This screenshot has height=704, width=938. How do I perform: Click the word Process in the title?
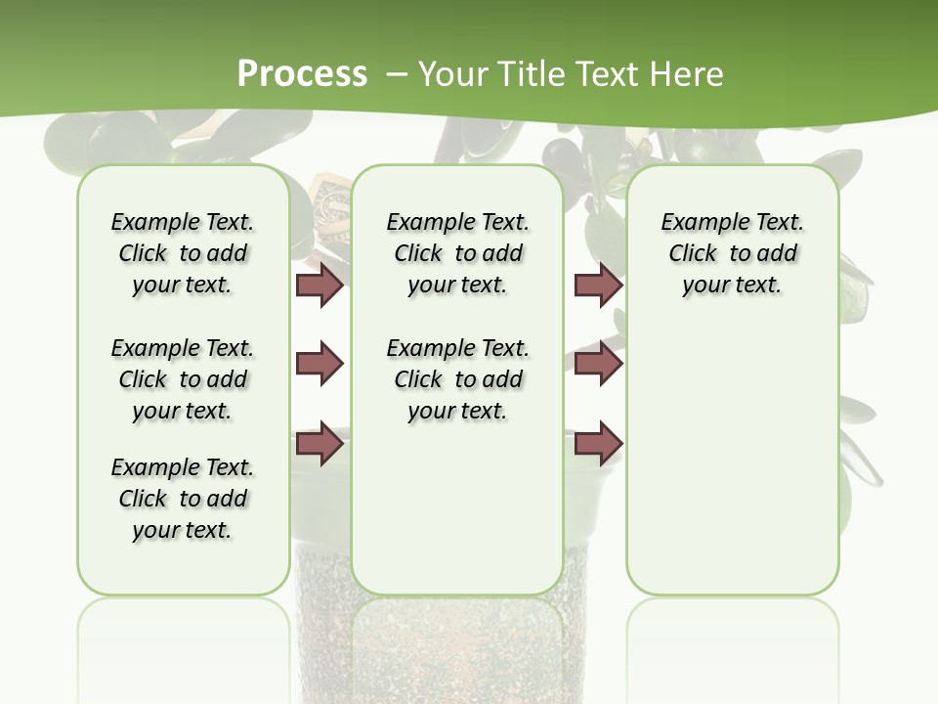click(302, 73)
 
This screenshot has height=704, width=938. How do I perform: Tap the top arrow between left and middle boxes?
click(320, 285)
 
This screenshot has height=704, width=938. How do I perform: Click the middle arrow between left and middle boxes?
click(320, 364)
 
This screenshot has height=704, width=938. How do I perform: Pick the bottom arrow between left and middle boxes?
click(320, 444)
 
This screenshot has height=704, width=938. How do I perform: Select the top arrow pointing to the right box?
click(598, 285)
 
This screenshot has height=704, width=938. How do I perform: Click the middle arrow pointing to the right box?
click(598, 364)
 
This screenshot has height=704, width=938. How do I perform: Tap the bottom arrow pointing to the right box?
click(598, 444)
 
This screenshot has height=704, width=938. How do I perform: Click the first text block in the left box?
click(183, 253)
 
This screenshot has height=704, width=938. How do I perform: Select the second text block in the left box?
click(183, 379)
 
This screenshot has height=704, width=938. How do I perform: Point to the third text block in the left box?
click(183, 499)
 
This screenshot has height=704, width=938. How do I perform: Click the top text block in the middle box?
click(457, 253)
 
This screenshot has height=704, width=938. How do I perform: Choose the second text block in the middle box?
click(457, 379)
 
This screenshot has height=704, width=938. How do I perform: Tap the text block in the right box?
click(732, 253)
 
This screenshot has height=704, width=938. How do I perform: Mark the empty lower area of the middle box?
click(457, 508)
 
